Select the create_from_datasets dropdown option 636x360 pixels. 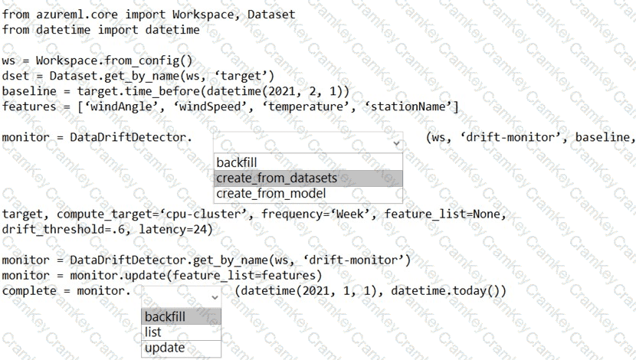click(x=277, y=178)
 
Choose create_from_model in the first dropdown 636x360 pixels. click(x=271, y=193)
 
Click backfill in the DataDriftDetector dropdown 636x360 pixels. click(x=237, y=162)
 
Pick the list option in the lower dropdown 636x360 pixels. click(x=153, y=332)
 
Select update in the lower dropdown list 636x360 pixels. click(x=165, y=348)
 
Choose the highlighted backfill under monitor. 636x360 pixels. click(x=165, y=316)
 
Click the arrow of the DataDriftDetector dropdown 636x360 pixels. click(x=396, y=143)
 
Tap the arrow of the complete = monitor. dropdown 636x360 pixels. click(x=215, y=297)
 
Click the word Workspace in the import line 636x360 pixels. click(x=203, y=15)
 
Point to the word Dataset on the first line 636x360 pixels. click(x=271, y=15)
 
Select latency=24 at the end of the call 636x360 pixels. click(x=172, y=230)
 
